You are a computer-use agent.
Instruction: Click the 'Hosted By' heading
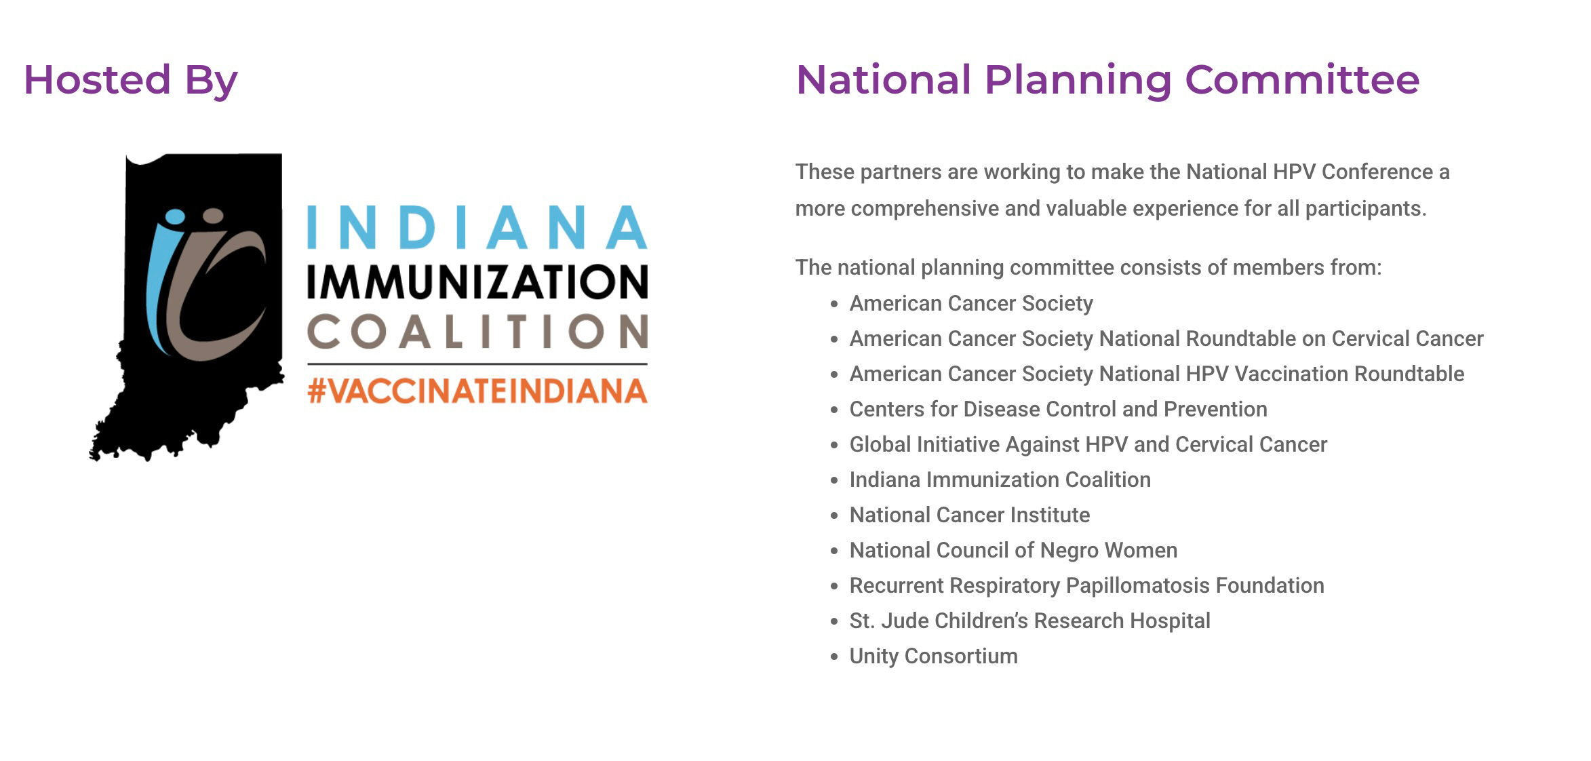point(130,80)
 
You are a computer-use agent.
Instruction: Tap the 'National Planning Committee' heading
point(1107,80)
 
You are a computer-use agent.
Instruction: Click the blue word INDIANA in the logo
point(477,227)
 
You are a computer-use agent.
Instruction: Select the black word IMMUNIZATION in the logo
point(477,281)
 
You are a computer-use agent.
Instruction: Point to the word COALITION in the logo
point(477,331)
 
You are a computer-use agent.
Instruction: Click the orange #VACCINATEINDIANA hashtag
point(477,391)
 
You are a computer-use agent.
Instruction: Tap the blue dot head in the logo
point(175,216)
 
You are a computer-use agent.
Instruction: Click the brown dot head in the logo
point(213,216)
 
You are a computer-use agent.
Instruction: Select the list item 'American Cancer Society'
point(971,303)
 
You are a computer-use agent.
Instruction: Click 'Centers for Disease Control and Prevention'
point(1059,409)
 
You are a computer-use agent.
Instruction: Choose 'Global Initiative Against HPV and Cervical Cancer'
point(1088,444)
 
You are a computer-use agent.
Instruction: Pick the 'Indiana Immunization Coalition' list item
point(1000,480)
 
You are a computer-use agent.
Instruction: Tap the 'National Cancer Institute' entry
point(970,515)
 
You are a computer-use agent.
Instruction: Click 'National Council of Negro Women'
point(1014,550)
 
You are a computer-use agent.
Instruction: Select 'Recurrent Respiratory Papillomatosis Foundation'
point(1087,585)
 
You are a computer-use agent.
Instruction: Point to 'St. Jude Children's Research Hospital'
point(1030,621)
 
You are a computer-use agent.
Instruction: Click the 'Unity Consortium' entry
point(934,656)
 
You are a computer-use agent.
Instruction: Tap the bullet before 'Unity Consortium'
point(834,657)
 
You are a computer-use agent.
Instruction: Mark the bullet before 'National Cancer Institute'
point(834,515)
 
